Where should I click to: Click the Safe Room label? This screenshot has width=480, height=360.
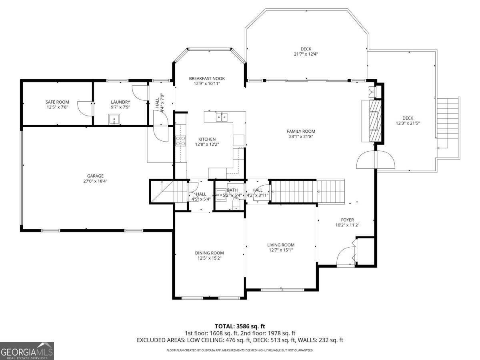click(x=57, y=102)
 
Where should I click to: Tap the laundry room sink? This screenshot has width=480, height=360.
click(x=114, y=119)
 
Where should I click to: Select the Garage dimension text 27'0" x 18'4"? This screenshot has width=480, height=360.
click(x=96, y=181)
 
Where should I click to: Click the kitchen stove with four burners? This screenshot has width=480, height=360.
click(x=180, y=140)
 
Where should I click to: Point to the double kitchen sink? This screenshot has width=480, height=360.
click(x=222, y=117)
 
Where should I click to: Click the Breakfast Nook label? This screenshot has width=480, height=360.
click(x=204, y=79)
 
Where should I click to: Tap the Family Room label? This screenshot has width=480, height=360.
click(x=301, y=131)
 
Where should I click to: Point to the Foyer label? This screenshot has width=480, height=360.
click(x=347, y=220)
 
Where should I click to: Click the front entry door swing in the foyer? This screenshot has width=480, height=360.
click(x=345, y=257)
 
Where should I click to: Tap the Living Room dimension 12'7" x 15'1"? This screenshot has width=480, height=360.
click(x=281, y=250)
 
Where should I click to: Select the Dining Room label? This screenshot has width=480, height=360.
click(x=209, y=253)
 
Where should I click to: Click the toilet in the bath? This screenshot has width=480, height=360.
click(x=236, y=205)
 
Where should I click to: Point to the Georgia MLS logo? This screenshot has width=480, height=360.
click(x=27, y=351)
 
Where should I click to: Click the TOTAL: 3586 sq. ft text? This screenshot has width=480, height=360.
click(x=240, y=326)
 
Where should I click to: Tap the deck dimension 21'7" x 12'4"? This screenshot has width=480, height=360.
click(x=306, y=54)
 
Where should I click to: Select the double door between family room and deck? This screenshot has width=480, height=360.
click(x=376, y=160)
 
